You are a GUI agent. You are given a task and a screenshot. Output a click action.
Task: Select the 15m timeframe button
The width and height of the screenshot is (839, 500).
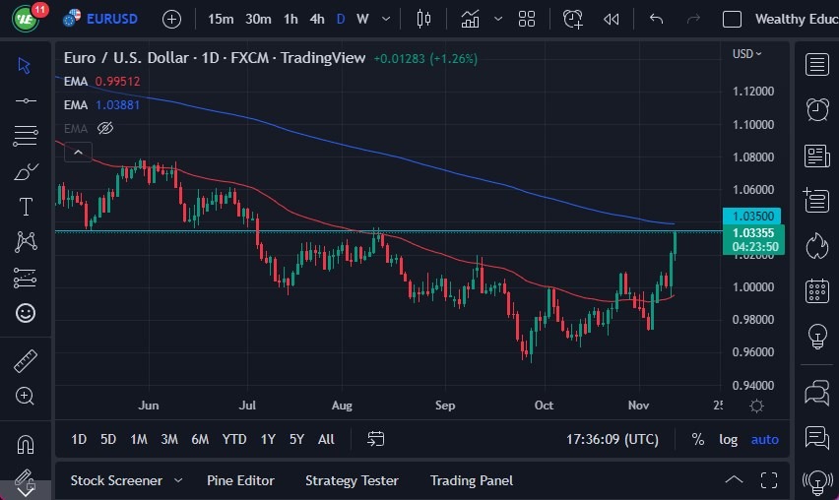tap(222, 19)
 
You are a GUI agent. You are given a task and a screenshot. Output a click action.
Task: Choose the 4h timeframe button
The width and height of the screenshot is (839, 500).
tap(316, 19)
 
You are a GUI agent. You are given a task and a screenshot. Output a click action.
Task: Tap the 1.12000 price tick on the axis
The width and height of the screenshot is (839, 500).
tap(752, 92)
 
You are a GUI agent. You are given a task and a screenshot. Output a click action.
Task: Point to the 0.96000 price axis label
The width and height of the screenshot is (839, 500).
tap(752, 352)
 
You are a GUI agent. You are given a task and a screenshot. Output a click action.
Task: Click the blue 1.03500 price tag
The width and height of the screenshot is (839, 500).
tap(752, 216)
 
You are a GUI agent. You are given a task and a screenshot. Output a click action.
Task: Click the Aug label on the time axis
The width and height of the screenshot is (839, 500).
tap(342, 406)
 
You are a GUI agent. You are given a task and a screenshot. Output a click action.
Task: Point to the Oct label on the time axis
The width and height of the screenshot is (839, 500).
tap(544, 406)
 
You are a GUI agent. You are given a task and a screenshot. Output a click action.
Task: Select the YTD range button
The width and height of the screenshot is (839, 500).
tap(234, 439)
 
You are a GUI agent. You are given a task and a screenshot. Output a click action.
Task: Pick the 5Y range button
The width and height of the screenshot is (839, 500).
tap(296, 439)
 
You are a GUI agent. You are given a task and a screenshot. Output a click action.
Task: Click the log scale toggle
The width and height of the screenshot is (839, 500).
tap(728, 439)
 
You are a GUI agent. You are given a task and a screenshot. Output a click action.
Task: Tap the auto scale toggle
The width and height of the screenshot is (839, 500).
tap(764, 439)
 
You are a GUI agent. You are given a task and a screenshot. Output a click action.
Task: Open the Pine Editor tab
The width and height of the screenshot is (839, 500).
tap(240, 480)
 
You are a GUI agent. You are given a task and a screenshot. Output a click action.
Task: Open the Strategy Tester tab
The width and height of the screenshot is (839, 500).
tap(352, 480)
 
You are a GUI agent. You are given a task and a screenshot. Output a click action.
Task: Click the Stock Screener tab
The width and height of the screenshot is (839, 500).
tap(116, 480)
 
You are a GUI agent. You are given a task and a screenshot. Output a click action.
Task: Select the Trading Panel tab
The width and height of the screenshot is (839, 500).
tap(472, 480)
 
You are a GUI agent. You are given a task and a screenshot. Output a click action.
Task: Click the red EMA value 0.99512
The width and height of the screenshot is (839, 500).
tap(118, 82)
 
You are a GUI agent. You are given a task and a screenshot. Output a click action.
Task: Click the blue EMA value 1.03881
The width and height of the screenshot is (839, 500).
tap(118, 104)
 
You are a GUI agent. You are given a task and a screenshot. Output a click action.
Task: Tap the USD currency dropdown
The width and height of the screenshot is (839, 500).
tap(747, 54)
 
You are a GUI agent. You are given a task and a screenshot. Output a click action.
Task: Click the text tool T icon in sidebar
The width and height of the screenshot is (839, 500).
tap(26, 207)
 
